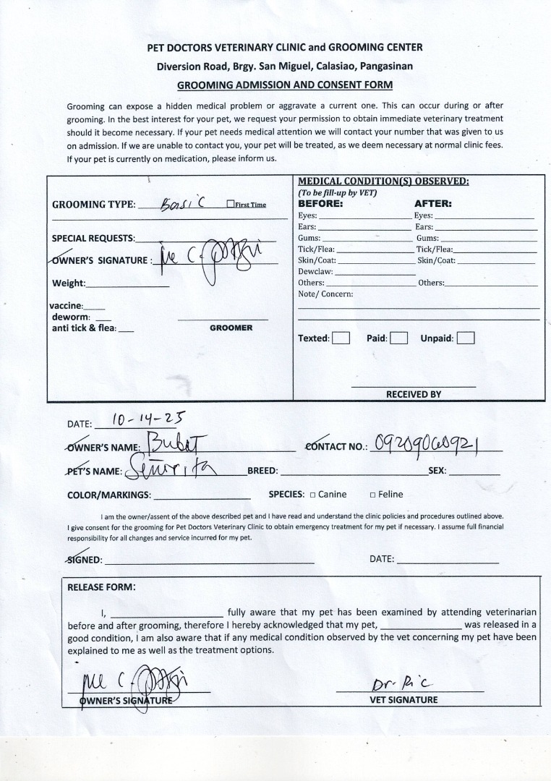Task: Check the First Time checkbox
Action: pos(230,205)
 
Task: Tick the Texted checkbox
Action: pos(341,338)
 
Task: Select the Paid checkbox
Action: pos(398,338)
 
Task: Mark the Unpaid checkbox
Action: pos(466,338)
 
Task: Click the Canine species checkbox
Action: pos(312,495)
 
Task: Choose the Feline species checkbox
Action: pos(372,495)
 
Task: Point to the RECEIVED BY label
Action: pos(413,394)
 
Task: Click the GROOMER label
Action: pos(231,328)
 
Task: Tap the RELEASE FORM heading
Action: pos(101,587)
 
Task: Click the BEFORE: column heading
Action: pos(320,204)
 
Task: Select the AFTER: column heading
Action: pos(432,204)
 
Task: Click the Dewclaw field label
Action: pos(315,271)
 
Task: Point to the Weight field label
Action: pos(69,283)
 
